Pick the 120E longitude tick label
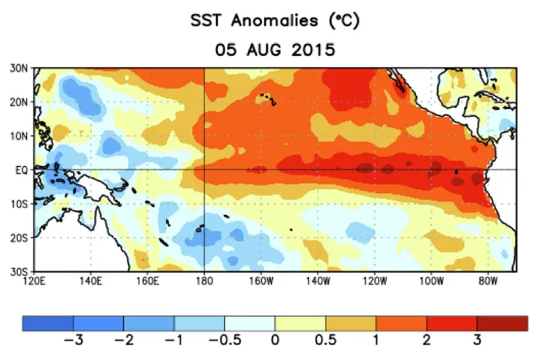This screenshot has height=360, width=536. point(34,282)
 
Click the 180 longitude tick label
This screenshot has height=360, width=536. point(204,282)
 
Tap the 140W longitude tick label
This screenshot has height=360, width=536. point(317,282)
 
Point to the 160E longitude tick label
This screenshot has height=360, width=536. point(147,282)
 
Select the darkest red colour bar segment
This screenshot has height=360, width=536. point(502,323)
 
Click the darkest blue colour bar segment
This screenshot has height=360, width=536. point(48,323)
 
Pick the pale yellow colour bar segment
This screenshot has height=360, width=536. point(300,323)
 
